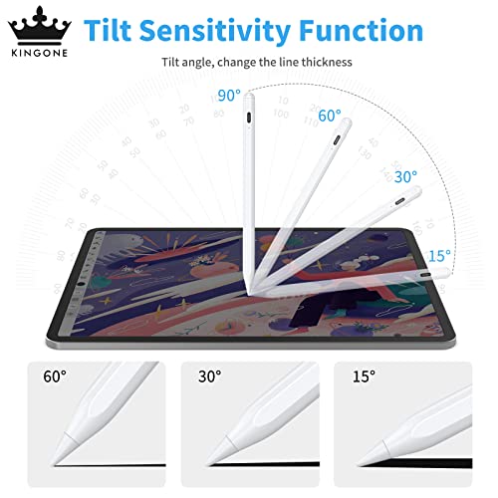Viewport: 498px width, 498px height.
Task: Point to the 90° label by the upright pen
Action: pos(229,96)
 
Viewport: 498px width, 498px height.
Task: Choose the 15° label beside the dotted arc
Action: pos(439,255)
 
